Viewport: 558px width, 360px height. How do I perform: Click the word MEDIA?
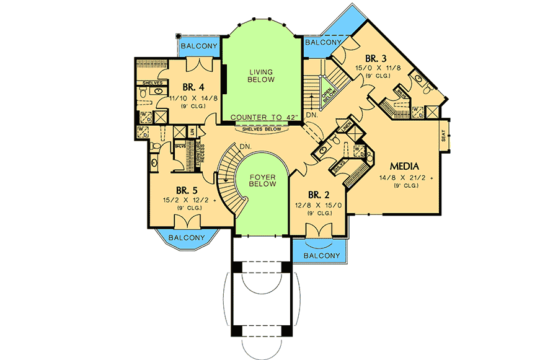(x=405, y=166)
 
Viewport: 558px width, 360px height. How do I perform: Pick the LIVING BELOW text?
(x=261, y=76)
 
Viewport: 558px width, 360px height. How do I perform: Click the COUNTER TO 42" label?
(x=265, y=117)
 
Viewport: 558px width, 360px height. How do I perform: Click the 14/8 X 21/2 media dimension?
(x=406, y=178)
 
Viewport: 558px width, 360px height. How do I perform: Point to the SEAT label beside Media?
(x=443, y=136)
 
